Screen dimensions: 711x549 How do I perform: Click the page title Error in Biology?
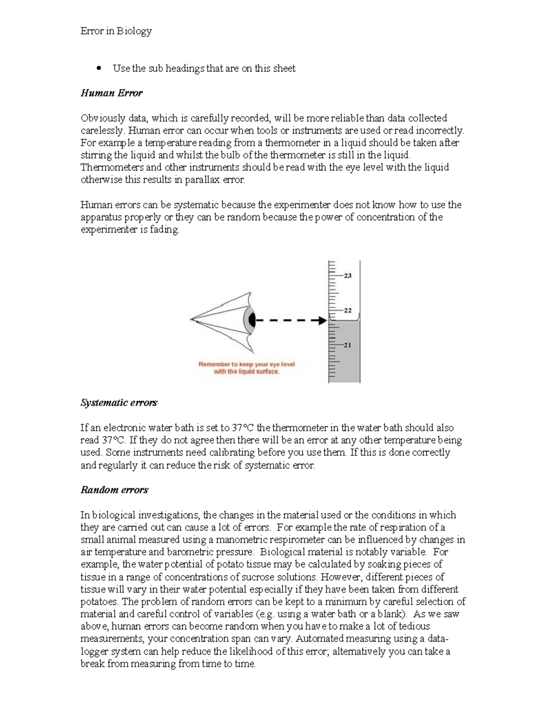tap(116, 31)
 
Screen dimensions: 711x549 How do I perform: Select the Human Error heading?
tap(112, 93)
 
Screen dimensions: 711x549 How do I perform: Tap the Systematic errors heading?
tap(119, 402)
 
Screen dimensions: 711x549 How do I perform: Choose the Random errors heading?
tap(114, 490)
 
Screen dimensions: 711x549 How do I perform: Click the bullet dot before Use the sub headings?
tap(98, 69)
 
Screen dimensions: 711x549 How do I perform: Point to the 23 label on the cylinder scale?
tap(347, 276)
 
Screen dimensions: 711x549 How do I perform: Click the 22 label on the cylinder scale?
tap(347, 310)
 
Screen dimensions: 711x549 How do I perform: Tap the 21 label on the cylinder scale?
tap(347, 345)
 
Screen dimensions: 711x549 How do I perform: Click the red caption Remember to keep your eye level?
tap(246, 364)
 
